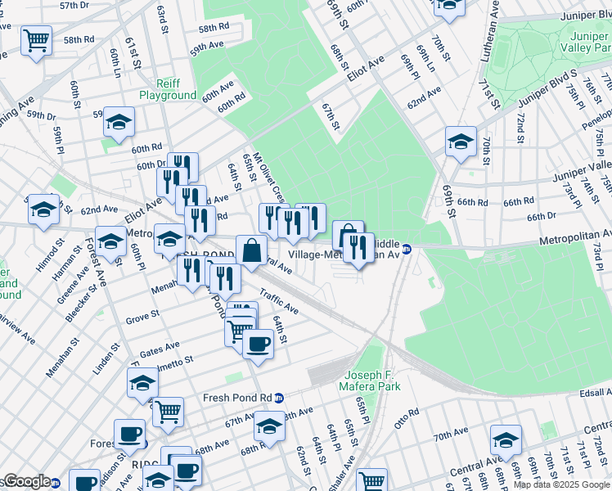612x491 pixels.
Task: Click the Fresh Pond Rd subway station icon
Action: pos(279,398)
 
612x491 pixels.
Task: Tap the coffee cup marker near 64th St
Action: pos(259,344)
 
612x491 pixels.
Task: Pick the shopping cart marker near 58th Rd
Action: pos(37,39)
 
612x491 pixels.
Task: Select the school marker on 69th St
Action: pos(461,141)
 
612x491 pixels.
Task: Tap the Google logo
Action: pos(26,481)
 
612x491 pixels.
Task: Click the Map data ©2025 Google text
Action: pos(561,484)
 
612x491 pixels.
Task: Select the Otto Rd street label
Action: pos(407,412)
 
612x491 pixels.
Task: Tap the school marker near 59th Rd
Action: pos(119,121)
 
